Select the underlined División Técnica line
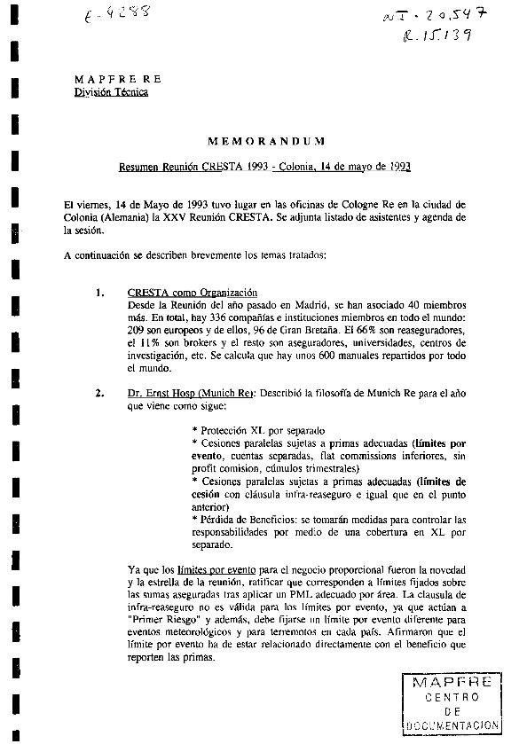(111, 91)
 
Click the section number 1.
(100, 292)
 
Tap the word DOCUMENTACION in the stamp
(452, 724)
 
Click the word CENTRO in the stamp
(452, 696)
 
